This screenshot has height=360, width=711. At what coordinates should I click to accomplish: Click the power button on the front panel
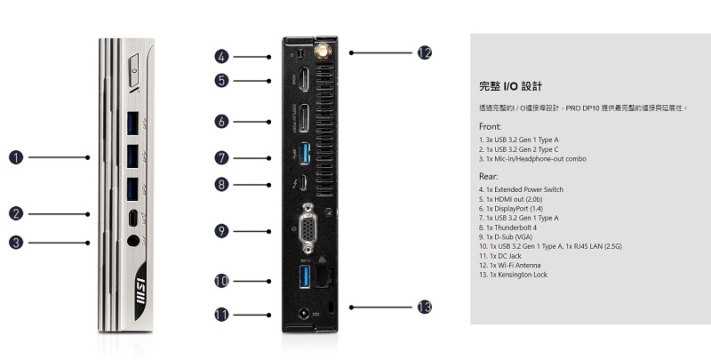(x=134, y=70)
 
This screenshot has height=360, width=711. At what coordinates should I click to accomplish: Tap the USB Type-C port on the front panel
(x=132, y=218)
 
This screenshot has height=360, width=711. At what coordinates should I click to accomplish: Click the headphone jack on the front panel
(x=132, y=241)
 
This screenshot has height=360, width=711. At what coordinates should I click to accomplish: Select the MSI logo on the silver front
(x=140, y=291)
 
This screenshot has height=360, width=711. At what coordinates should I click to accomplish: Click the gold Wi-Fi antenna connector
(x=323, y=52)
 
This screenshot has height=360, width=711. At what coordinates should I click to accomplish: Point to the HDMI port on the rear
(x=304, y=79)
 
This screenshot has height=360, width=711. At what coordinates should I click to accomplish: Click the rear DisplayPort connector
(x=304, y=118)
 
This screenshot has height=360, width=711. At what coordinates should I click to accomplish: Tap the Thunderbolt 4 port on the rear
(x=304, y=183)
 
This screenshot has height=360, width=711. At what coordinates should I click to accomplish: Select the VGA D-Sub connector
(x=308, y=228)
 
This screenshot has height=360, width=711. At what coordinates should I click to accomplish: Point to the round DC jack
(x=303, y=314)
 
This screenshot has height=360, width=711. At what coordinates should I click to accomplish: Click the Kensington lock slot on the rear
(x=330, y=307)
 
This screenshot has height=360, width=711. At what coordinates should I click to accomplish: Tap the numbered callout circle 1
(x=16, y=157)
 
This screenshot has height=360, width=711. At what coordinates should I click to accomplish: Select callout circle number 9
(x=221, y=231)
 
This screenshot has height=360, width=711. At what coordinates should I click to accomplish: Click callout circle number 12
(x=425, y=52)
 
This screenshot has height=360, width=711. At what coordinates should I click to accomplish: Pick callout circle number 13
(x=425, y=307)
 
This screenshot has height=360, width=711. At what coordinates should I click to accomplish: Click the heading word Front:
(x=491, y=126)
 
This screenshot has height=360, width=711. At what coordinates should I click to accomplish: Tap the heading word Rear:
(x=489, y=176)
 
